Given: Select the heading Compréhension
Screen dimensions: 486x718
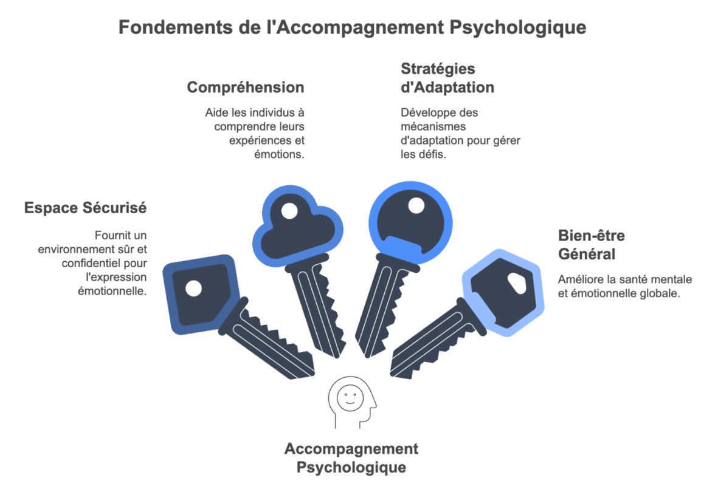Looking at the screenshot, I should pyautogui.click(x=245, y=87).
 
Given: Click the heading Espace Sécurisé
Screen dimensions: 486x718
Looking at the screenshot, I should pyautogui.click(x=86, y=207).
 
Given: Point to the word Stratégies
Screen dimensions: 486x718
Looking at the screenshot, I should pyautogui.click(x=437, y=69).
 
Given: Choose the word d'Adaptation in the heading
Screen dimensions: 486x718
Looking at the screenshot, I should pyautogui.click(x=447, y=87).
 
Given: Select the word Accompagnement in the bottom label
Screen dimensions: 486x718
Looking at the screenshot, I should pyautogui.click(x=351, y=450).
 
